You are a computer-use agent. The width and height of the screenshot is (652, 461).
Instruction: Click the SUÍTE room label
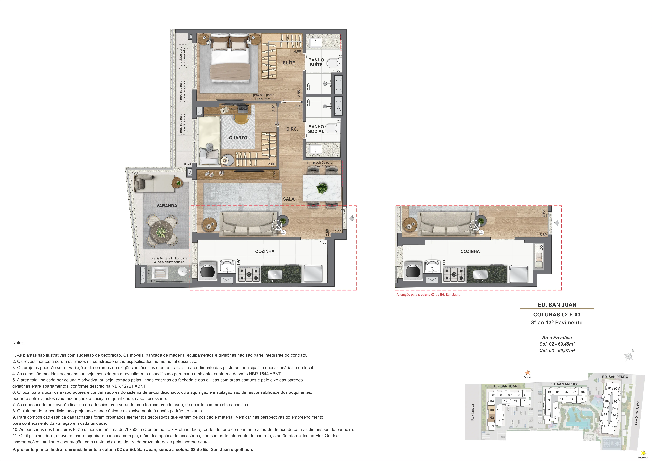point(289,63)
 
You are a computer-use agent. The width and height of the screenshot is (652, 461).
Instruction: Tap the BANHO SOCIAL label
point(316,129)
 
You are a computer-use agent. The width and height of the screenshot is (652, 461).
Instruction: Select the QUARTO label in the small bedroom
point(238,138)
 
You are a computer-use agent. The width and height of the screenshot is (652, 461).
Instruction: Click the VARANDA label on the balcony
point(167,206)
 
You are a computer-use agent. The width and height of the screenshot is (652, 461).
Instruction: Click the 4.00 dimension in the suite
point(297,51)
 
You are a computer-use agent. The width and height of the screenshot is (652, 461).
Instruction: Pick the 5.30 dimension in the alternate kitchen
point(408,248)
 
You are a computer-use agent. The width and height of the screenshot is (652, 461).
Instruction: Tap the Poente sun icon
point(527,373)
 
